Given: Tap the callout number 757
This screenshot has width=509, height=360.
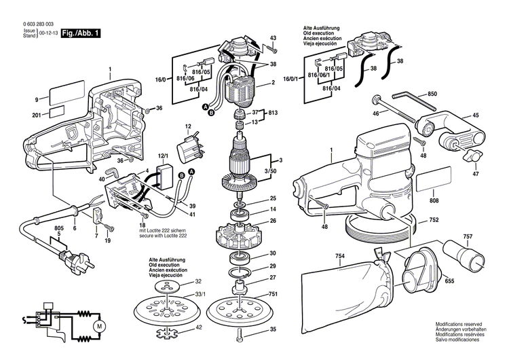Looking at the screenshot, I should (x=467, y=237).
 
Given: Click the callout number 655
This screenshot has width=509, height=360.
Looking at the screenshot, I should (x=449, y=280).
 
